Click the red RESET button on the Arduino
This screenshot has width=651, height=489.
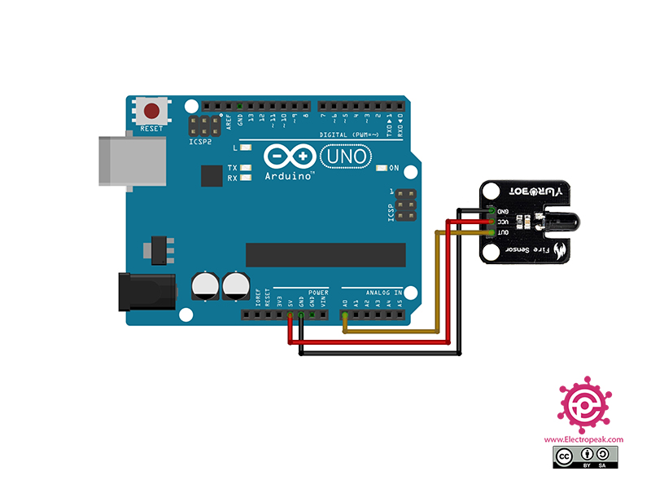point(151,111)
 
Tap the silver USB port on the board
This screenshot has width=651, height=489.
point(130,159)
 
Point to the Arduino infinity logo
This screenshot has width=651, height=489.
point(289,156)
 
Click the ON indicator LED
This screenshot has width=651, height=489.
point(381,169)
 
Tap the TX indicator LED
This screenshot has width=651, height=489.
point(245,167)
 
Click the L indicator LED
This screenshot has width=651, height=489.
point(245,148)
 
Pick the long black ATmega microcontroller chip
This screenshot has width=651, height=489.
point(325,254)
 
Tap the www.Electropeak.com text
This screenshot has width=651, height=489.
point(583,439)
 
